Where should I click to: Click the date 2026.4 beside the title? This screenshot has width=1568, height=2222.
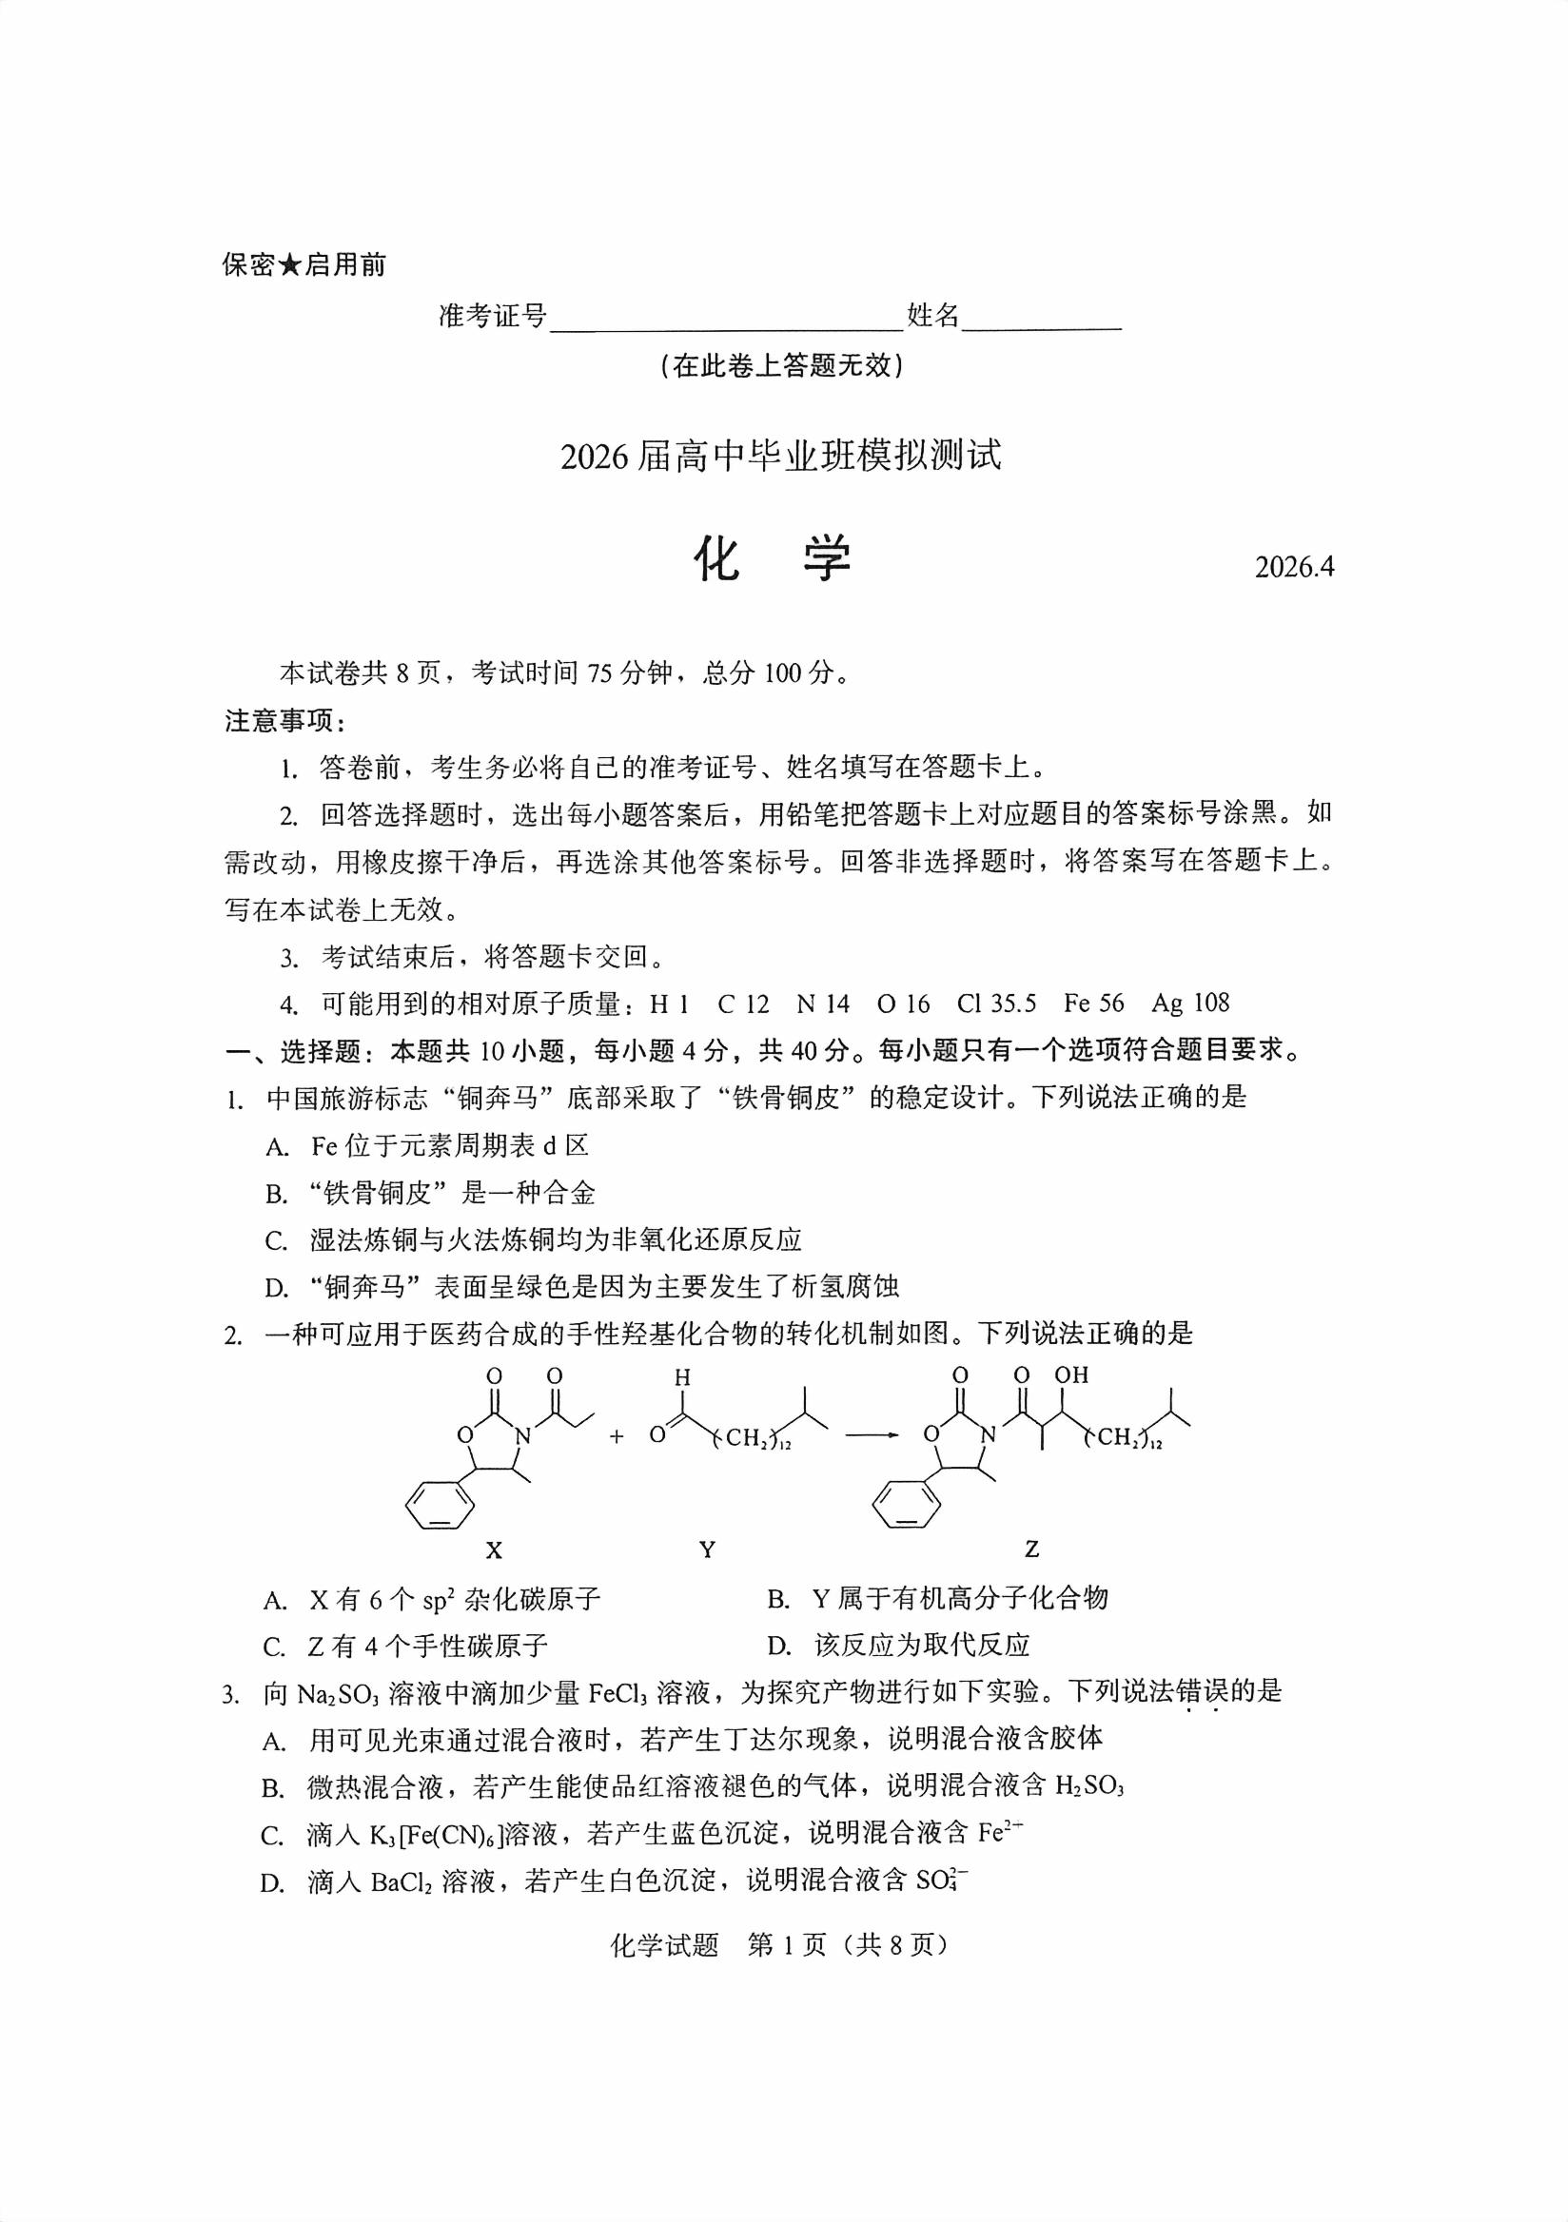coord(1294,566)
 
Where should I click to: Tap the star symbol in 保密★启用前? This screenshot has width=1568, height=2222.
coord(289,264)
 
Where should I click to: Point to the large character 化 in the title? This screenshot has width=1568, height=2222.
coord(717,558)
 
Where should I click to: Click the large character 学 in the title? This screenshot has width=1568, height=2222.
coord(826,558)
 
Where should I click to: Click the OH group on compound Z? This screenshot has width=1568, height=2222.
coord(1071,1375)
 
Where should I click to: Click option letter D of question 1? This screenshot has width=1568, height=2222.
coord(277,1288)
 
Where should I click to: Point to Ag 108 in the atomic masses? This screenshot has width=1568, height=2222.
coord(1189,1004)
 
